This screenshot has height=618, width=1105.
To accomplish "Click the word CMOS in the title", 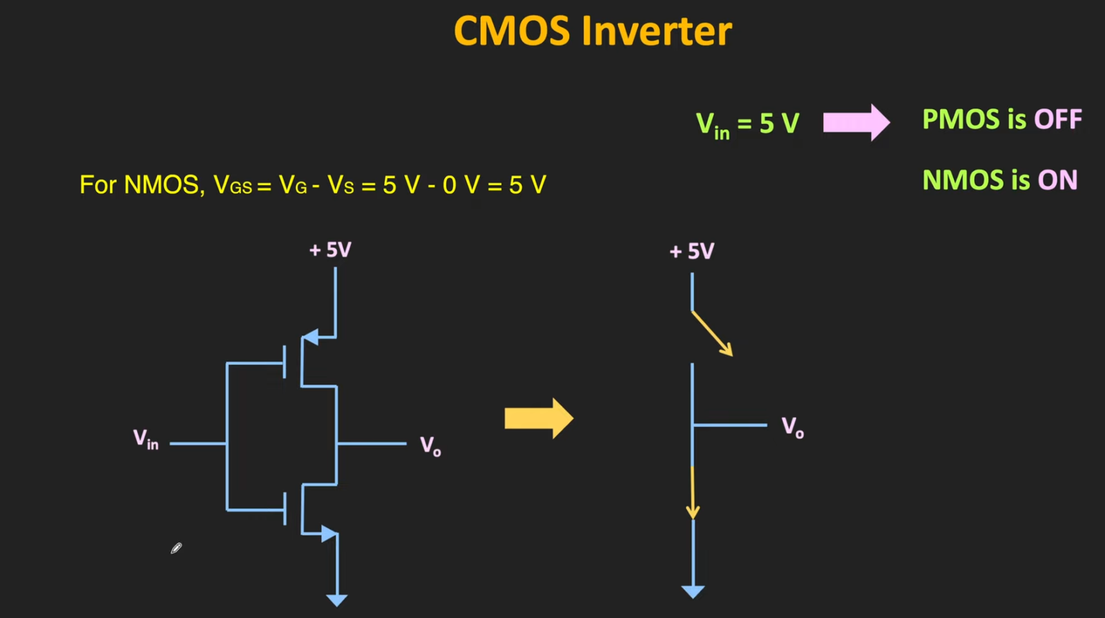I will pos(512,32).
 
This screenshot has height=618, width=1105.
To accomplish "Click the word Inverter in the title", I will pos(656,32).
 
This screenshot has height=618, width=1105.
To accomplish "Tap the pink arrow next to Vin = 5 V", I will pos(856,123).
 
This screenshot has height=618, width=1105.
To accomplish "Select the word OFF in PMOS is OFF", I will pos(1057,119).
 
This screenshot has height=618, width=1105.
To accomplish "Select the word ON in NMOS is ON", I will pos(1057,180).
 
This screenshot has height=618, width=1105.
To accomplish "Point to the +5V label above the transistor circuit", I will pos(330,249).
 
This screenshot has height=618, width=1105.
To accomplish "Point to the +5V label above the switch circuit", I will pos(692,251).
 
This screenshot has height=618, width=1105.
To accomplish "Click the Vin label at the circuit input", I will pos(146,439).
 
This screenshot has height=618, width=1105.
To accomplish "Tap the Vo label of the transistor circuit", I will pos(430,446).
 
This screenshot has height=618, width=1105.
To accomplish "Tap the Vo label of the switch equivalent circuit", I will pos(792,427).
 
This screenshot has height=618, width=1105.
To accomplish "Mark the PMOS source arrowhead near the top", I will pos(311,337).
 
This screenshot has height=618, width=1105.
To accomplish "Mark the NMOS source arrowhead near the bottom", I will pos(329,534).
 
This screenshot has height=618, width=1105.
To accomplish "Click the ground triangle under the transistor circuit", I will pos(336,600).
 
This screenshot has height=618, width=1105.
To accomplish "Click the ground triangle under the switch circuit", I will pos(693,592).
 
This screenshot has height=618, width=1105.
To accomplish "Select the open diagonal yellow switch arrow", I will pos(713,334).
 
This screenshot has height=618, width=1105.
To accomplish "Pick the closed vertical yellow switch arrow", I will pos(693,492).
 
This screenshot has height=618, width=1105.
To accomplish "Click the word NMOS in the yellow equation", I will pos(162,185).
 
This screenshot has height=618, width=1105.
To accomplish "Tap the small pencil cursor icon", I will pos(176,548).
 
